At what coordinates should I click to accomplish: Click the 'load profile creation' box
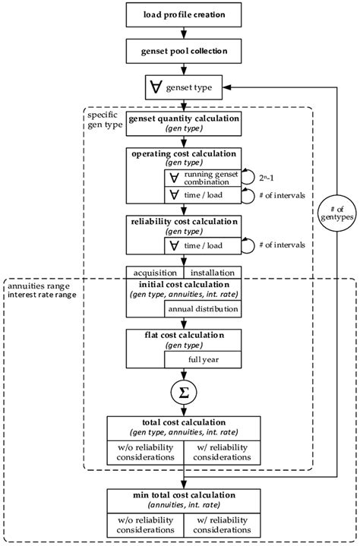coord(184,14)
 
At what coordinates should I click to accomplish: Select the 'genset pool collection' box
coord(184,52)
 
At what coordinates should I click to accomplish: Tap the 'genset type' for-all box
coord(184,89)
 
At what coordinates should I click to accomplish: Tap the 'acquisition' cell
coord(155,273)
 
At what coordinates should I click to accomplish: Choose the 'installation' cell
coord(213,273)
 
